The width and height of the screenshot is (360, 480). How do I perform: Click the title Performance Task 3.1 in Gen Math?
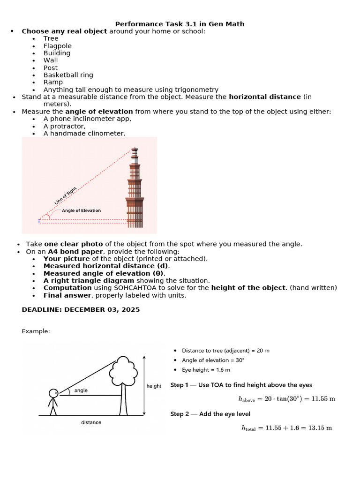point(180,24)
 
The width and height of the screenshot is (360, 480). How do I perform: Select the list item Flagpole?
point(58,46)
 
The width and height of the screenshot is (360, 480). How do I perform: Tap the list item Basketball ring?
point(68,75)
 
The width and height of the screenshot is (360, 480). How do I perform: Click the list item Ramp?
point(53,82)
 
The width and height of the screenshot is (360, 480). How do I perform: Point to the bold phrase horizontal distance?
point(265,97)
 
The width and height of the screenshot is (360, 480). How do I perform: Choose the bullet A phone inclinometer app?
point(87,119)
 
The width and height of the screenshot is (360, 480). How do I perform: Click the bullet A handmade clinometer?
point(84,133)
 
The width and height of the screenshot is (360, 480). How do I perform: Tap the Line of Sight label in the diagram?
point(65,195)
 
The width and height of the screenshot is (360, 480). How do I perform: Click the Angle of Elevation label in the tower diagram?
point(81,211)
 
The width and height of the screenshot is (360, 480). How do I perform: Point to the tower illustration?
point(135,190)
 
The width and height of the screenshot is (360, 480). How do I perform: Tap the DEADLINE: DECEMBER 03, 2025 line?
point(81,310)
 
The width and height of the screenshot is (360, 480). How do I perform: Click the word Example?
point(36,331)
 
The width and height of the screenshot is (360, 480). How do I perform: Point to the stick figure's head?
point(53,393)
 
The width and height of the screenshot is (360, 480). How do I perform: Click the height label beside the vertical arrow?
point(154,386)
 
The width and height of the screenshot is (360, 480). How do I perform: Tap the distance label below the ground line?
point(91,422)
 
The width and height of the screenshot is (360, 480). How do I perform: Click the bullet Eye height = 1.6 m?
point(206,370)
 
